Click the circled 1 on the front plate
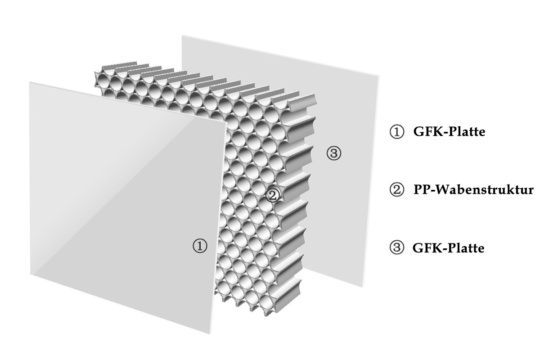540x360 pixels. [x=199, y=246]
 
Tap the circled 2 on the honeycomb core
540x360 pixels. [x=272, y=195]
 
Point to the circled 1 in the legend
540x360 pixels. [x=396, y=133]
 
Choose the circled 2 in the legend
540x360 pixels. [x=396, y=190]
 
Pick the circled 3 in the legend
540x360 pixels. [x=396, y=247]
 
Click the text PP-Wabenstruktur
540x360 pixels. [x=473, y=190]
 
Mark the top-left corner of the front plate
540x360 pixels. [x=30, y=82]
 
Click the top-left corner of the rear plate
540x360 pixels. [x=182, y=36]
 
